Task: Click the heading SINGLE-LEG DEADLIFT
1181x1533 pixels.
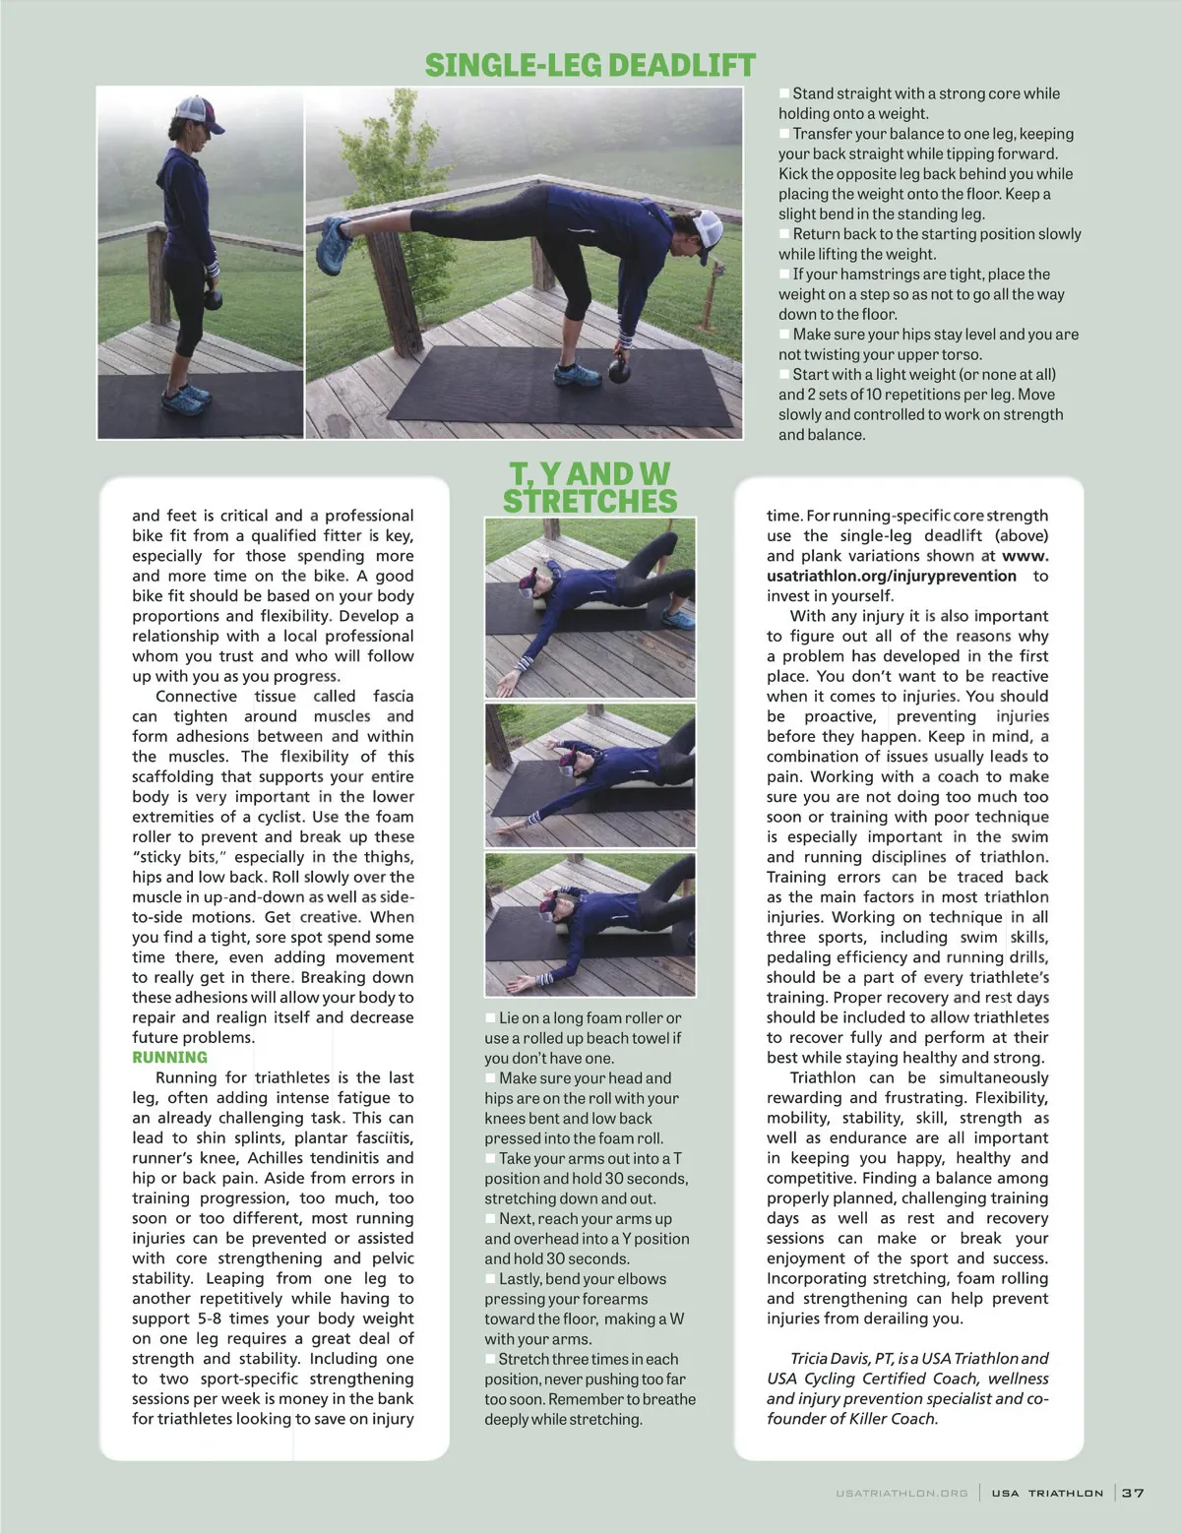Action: click(590, 66)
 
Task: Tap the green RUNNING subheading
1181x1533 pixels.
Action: click(170, 1058)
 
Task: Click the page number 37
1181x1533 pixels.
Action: click(1133, 1493)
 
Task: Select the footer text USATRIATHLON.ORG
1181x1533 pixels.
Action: click(901, 1494)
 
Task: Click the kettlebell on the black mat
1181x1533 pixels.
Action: click(620, 369)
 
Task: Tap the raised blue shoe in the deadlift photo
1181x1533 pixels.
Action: click(337, 236)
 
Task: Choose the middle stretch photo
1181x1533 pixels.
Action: click(590, 775)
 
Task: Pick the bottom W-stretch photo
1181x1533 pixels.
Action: click(590, 924)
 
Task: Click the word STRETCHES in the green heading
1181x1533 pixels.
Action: click(590, 501)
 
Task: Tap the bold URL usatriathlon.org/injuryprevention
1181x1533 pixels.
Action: click(892, 577)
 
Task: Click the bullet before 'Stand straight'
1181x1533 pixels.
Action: click(784, 93)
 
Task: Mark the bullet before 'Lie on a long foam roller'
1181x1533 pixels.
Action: click(490, 1018)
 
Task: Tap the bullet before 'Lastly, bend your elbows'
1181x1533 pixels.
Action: click(490, 1279)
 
